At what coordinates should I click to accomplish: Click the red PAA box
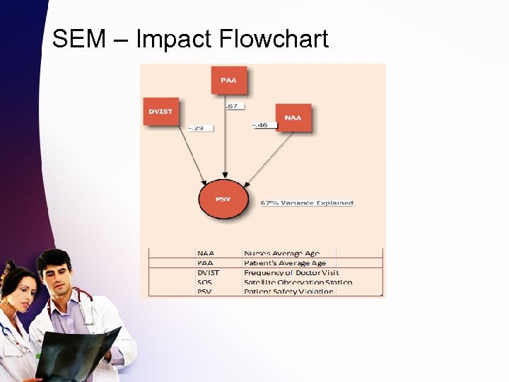coord(228,80)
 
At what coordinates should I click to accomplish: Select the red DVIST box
coord(160,111)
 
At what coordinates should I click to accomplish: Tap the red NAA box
coord(293,117)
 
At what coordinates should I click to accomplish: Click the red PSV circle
coord(223,199)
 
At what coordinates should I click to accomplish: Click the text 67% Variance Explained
coord(307,203)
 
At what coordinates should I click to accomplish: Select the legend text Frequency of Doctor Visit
coord(291,272)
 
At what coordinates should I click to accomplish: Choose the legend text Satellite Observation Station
coord(298,282)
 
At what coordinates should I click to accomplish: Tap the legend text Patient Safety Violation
coord(288,291)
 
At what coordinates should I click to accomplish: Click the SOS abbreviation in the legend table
coord(204,282)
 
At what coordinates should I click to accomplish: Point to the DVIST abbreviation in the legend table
coord(209,272)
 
